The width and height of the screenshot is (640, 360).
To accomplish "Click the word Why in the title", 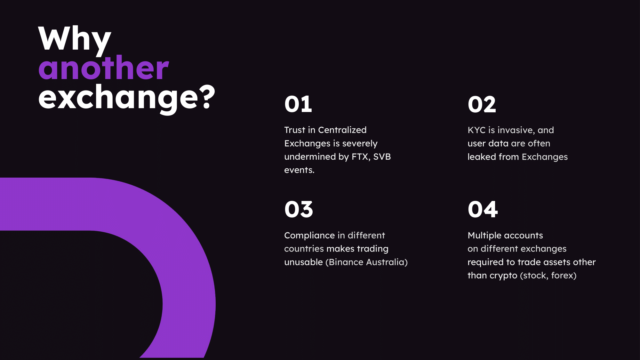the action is point(75,40).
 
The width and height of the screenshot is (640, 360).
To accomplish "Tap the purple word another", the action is point(104,68).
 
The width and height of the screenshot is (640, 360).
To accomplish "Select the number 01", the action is point(298,104).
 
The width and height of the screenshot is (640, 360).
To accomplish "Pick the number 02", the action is point(482,104).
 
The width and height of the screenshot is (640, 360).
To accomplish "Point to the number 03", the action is point(299,210).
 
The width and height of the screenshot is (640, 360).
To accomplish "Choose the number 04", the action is point(483,210).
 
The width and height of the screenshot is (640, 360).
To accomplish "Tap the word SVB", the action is point(382,157).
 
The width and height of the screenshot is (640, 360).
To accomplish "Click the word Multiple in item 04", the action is point(483,236).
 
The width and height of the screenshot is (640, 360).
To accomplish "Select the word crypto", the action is point(503,276).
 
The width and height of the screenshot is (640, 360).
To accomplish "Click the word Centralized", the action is point(342,130).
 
